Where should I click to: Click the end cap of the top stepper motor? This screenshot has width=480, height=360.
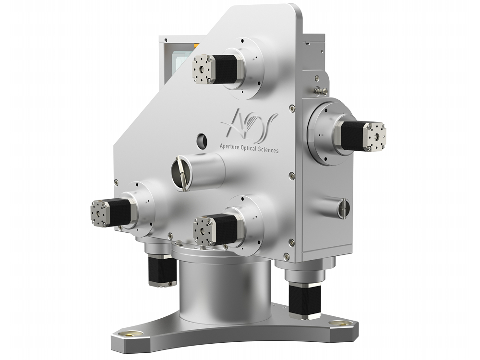pyautogui.click(x=202, y=69)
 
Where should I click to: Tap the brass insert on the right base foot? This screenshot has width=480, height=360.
pyautogui.click(x=342, y=323)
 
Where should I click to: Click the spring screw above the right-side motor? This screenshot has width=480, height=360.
pyautogui.click(x=318, y=90)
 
